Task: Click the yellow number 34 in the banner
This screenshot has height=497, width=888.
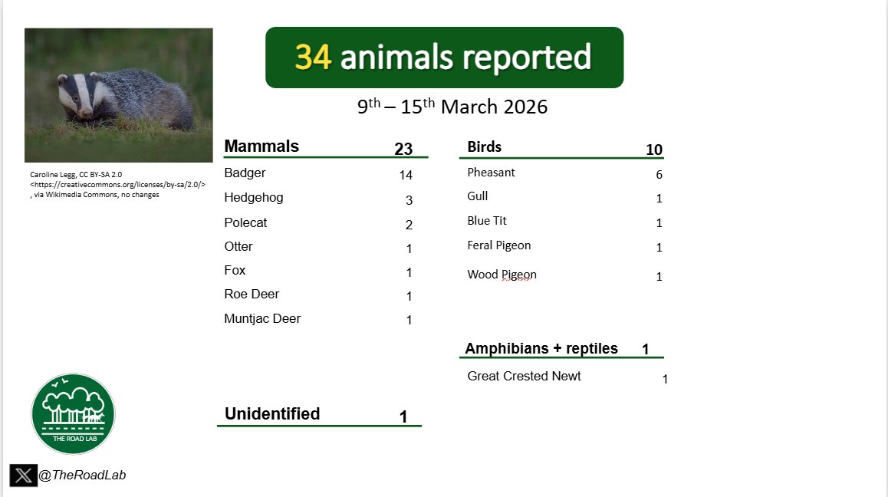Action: click(x=313, y=58)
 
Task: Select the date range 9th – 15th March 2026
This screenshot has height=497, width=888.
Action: click(x=452, y=107)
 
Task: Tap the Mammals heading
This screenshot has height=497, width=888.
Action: click(x=261, y=146)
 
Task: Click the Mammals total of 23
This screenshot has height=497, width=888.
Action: click(x=403, y=150)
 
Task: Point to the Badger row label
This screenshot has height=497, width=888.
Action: click(x=245, y=173)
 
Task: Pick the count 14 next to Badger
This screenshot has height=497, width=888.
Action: click(x=406, y=176)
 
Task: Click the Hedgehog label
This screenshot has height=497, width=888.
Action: click(x=254, y=198)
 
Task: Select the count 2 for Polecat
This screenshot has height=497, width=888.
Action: click(x=409, y=225)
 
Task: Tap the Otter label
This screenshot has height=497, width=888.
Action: click(x=238, y=246)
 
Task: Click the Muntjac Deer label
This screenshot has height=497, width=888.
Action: click(x=262, y=318)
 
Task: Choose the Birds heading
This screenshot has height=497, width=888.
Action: click(x=484, y=147)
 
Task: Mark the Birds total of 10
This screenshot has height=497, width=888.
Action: click(x=654, y=150)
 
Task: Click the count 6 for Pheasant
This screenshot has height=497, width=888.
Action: click(x=659, y=175)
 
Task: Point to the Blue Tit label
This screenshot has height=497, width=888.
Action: click(x=487, y=221)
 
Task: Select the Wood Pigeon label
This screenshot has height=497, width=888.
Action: click(x=502, y=275)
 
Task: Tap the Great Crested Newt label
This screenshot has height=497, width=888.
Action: click(x=524, y=376)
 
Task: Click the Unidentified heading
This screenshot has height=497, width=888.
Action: click(x=272, y=414)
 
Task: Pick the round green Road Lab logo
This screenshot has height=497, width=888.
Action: click(x=73, y=414)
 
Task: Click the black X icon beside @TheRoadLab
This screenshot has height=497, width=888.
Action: click(x=23, y=476)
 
